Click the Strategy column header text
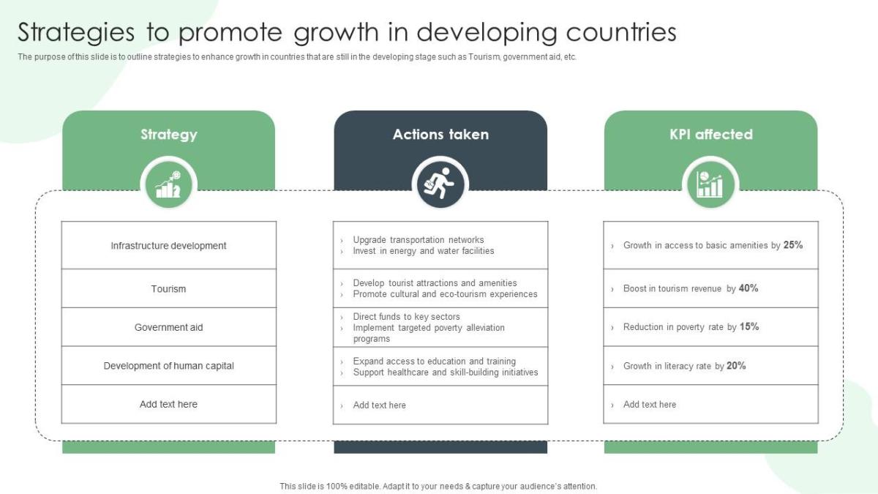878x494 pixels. coord(169,135)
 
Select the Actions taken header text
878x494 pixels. coord(440,135)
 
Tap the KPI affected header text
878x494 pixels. coord(710,135)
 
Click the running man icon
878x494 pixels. coord(440,184)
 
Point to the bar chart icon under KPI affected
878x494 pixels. coord(710,184)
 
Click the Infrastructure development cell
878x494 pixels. coord(169,246)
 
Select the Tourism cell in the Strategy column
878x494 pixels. coord(169,289)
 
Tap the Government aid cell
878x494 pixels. coord(169,327)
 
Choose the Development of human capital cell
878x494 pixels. coord(169,366)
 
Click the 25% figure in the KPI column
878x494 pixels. coord(793,245)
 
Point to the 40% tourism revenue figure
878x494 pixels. coord(748,288)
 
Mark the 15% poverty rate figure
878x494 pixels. coord(749,327)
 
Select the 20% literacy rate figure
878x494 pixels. coord(736,366)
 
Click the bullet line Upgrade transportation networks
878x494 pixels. coord(419,240)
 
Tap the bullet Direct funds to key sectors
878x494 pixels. coord(406,317)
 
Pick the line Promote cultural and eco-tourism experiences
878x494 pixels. coord(445,294)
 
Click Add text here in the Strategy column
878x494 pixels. coord(169,405)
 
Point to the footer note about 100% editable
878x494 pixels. coord(438,486)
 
